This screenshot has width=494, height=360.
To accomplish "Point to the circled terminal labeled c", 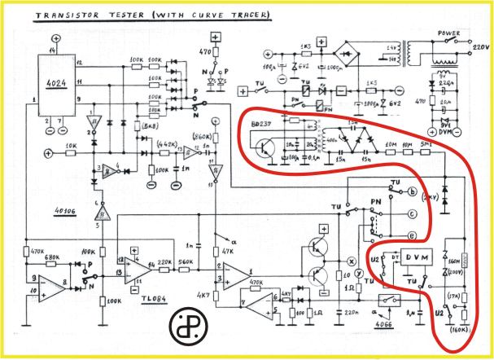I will point(413,215).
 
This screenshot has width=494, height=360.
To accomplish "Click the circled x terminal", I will point(352,261).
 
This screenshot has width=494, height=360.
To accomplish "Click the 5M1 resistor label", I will point(427,145).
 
